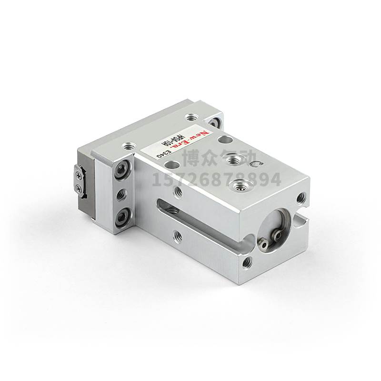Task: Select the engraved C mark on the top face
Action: (x=257, y=165)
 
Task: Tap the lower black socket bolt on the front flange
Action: (x=123, y=219)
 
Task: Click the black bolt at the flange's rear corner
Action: (x=216, y=120)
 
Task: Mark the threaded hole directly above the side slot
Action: (x=178, y=191)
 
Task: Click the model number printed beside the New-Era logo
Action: (x=179, y=144)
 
